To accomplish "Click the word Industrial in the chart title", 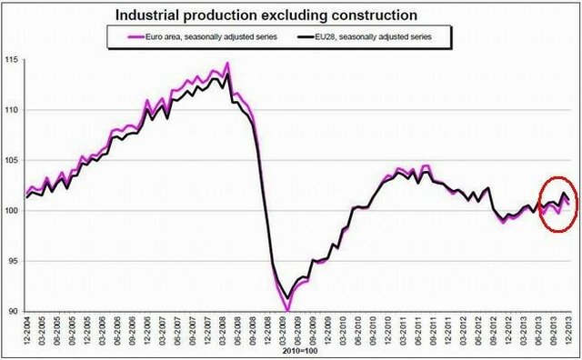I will pyautogui.click(x=151, y=15).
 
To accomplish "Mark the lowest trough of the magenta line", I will pyautogui.click(x=287, y=311).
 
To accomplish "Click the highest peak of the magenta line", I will pyautogui.click(x=227, y=63).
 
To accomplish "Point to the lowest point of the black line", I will pyautogui.click(x=287, y=297).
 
